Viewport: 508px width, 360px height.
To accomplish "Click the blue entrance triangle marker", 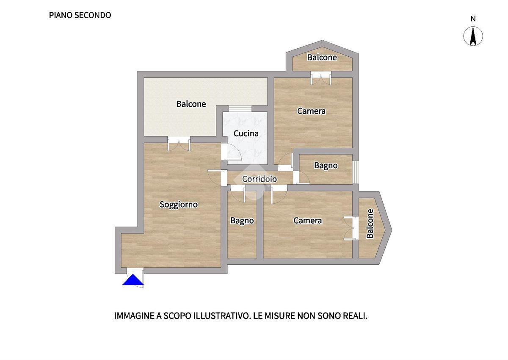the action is click(x=133, y=280).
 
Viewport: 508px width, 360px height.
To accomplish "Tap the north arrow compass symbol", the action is click(x=473, y=36).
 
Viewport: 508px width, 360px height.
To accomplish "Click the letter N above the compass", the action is click(x=473, y=19).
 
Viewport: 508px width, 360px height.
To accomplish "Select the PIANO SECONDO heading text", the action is click(x=80, y=15).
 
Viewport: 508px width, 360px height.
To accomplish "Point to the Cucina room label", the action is click(x=246, y=133).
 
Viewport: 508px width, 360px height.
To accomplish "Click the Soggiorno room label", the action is click(x=179, y=205).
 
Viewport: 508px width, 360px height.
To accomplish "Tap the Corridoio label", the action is click(x=260, y=179).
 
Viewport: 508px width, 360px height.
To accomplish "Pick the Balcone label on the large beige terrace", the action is click(x=191, y=104).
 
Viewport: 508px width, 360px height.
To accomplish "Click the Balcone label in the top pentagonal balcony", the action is click(x=322, y=58).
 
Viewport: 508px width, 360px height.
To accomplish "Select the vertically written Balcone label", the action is click(x=370, y=224).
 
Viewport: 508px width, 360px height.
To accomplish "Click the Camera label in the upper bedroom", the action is click(x=312, y=111).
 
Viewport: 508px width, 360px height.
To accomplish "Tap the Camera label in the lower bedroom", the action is click(x=307, y=221).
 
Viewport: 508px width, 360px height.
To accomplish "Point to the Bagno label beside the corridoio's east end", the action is click(x=326, y=166).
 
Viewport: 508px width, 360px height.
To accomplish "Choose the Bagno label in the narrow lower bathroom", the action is click(x=242, y=221).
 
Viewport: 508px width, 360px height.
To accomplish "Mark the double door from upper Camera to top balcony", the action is click(x=321, y=78).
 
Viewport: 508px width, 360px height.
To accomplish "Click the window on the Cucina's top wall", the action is click(x=240, y=109).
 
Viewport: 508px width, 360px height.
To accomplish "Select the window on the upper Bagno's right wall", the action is click(x=356, y=172).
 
